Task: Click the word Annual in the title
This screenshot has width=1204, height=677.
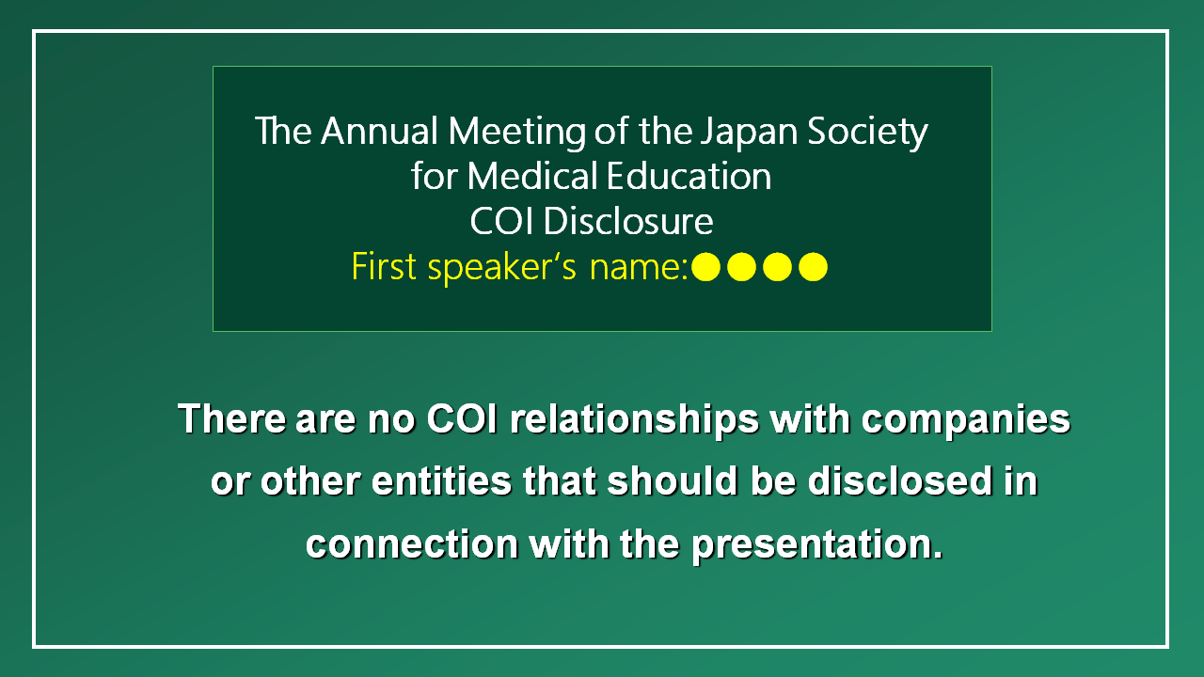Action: click(x=379, y=131)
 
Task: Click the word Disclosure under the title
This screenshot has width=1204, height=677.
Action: click(x=628, y=221)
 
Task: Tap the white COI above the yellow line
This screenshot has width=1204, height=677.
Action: click(x=501, y=221)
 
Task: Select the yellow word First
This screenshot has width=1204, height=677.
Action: click(x=384, y=266)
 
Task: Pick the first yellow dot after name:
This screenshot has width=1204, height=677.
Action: click(x=705, y=267)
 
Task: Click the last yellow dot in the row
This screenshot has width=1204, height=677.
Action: click(x=813, y=267)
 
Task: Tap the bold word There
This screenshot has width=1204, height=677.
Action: click(x=232, y=418)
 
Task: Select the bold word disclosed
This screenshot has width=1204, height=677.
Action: click(x=899, y=480)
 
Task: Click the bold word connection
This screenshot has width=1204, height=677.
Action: click(x=412, y=544)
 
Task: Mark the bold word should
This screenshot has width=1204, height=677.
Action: click(x=673, y=480)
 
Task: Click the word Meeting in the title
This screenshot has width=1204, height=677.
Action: click(x=516, y=134)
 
